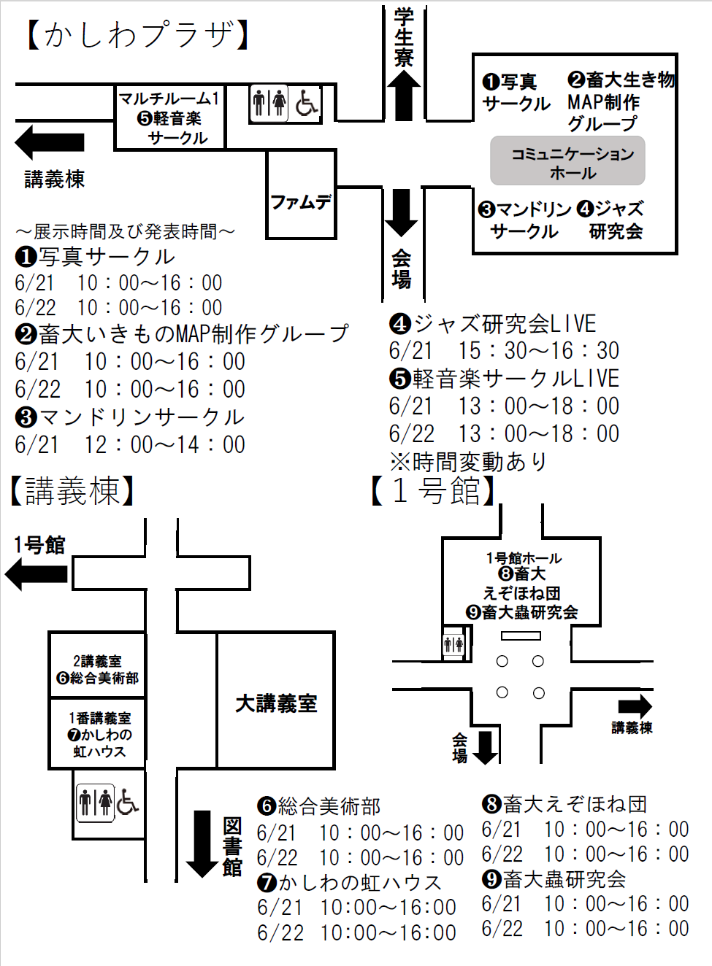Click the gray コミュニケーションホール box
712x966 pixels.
(567, 161)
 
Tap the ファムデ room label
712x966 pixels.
(301, 202)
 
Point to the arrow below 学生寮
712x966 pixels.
(403, 96)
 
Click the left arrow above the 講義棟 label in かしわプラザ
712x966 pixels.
(49, 142)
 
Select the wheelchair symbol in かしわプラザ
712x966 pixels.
(307, 104)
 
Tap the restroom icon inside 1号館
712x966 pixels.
(453, 645)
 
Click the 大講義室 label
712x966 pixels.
(276, 703)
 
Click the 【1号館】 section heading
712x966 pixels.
(433, 491)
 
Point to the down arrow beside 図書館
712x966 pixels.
(202, 844)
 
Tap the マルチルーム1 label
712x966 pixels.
(169, 98)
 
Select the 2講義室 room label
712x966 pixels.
(97, 661)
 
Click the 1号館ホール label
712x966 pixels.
(524, 558)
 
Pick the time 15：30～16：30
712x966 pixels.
(538, 350)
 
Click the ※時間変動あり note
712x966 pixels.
(468, 462)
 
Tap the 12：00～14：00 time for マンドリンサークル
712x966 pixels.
(165, 444)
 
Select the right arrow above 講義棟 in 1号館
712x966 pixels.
(635, 706)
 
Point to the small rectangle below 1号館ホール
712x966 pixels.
(521, 635)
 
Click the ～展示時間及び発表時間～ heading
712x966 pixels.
(126, 231)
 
